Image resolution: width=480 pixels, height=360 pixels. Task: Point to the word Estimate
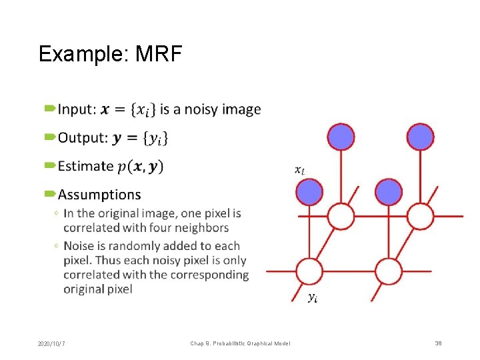[x=86, y=166]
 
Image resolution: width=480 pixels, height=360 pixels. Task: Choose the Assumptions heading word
[x=99, y=195]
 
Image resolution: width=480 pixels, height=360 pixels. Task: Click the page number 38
[x=438, y=343]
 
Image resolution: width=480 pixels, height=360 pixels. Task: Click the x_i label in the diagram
[x=300, y=170]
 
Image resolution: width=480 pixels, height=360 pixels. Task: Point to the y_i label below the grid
[x=312, y=297]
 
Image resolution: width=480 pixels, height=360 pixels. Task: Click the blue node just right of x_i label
[x=309, y=192]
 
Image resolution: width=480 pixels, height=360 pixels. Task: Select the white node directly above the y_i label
[x=309, y=272]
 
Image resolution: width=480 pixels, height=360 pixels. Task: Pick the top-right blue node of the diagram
[x=421, y=137]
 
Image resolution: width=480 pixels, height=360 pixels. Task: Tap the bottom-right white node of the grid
[x=388, y=272]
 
